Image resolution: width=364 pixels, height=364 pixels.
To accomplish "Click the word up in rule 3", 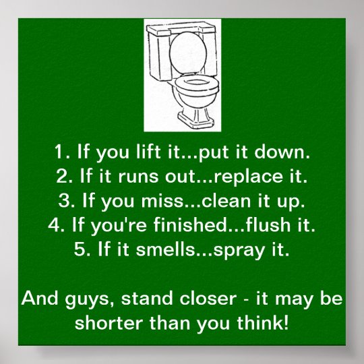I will (x=283, y=202).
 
